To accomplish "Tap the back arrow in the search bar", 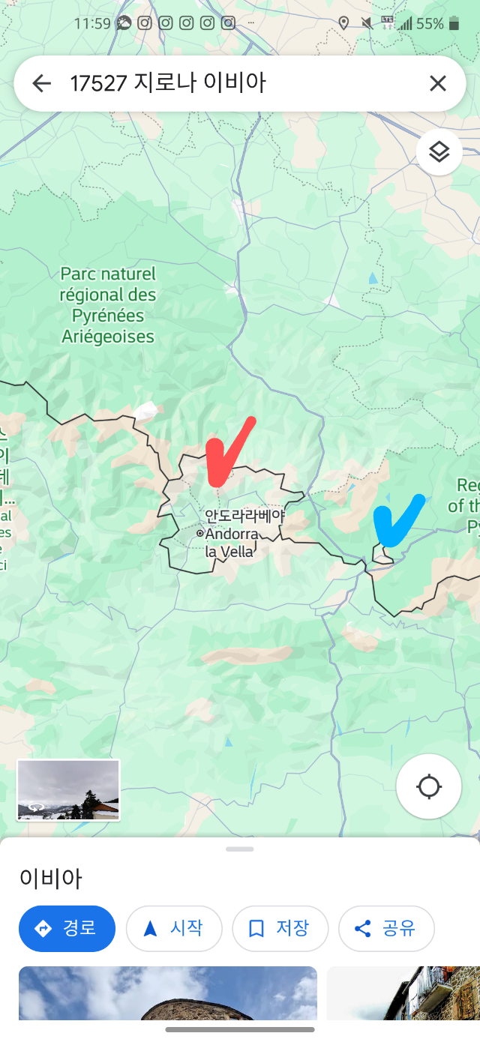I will tap(42, 83).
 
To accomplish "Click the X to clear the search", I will tap(438, 83).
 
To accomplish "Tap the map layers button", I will tap(439, 152).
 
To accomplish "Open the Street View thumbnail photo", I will tap(68, 789).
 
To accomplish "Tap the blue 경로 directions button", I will tap(67, 928).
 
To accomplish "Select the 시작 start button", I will tap(174, 928).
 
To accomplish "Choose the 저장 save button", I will tap(280, 928).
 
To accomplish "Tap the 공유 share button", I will tap(386, 928).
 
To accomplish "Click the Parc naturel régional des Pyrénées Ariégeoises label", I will tap(108, 305).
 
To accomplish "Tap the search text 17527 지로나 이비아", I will tap(168, 83).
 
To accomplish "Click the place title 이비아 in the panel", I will tap(50, 878).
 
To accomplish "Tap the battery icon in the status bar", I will tap(454, 23).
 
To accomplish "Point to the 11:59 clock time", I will tap(92, 23).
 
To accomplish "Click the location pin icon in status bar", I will tap(343, 23).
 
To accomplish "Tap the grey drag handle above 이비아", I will tap(240, 849).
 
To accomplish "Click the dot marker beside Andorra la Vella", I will tap(199, 534).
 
